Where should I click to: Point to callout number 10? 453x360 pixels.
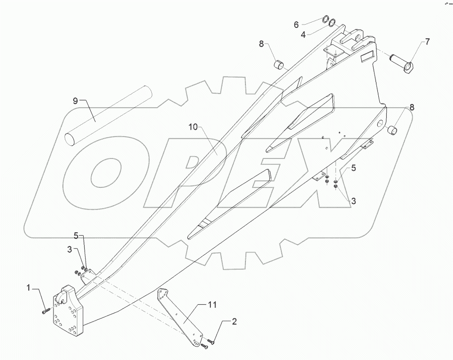coord(193,127)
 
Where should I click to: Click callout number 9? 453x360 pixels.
coord(75,100)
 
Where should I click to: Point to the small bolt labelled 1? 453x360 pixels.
coord(45,310)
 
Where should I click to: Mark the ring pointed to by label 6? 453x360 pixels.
coord(326,20)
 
